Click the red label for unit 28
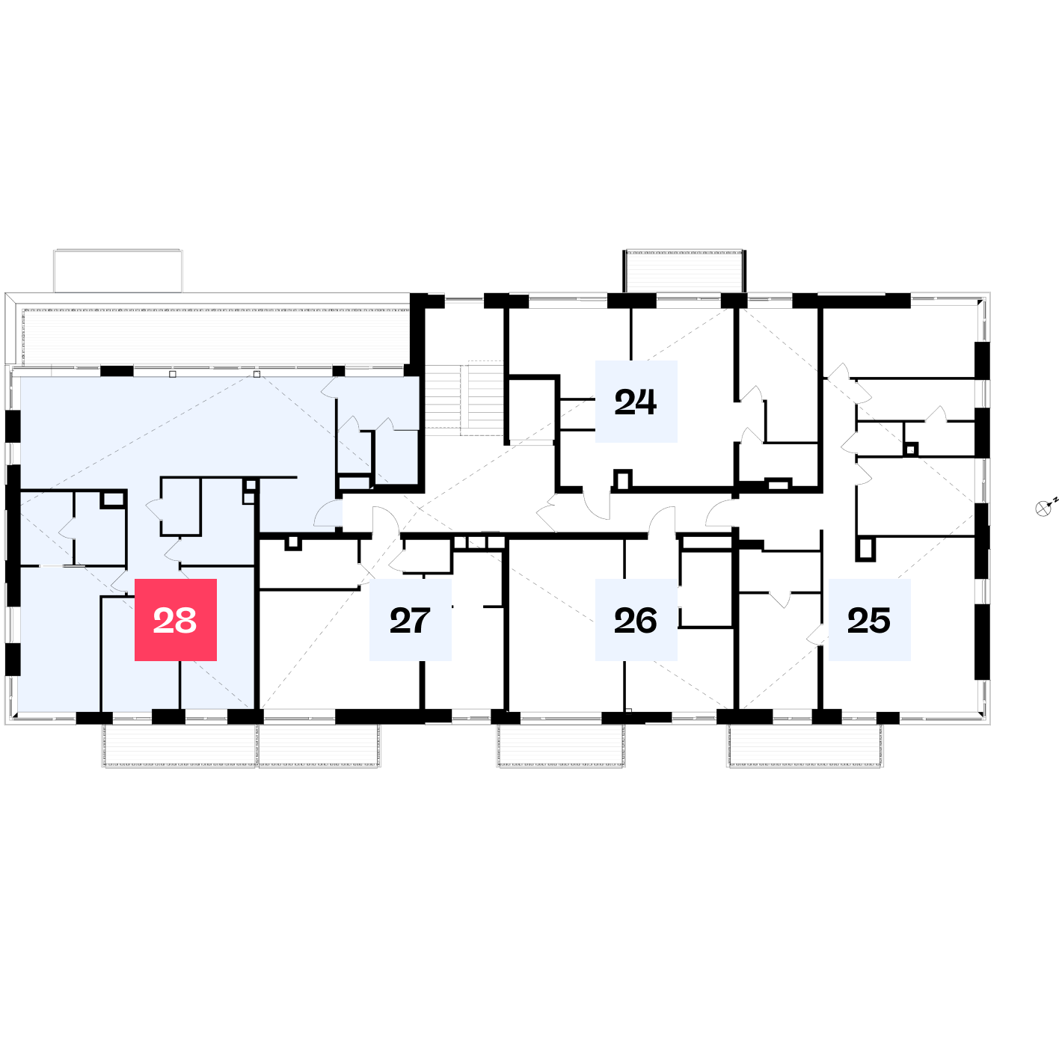point(175,619)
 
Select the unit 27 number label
point(410,619)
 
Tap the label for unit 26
point(636,619)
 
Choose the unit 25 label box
point(869,619)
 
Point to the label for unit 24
point(636,401)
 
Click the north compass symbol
point(1043,509)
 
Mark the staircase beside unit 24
point(464,399)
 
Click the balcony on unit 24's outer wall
point(684,271)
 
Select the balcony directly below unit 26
point(561,745)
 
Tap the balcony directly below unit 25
point(805,745)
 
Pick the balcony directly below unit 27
point(319,745)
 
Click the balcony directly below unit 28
point(179,745)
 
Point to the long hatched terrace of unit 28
point(216,337)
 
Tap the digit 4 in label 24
point(646,402)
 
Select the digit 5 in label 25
point(880,621)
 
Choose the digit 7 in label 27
point(420,621)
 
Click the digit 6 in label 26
point(647,621)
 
